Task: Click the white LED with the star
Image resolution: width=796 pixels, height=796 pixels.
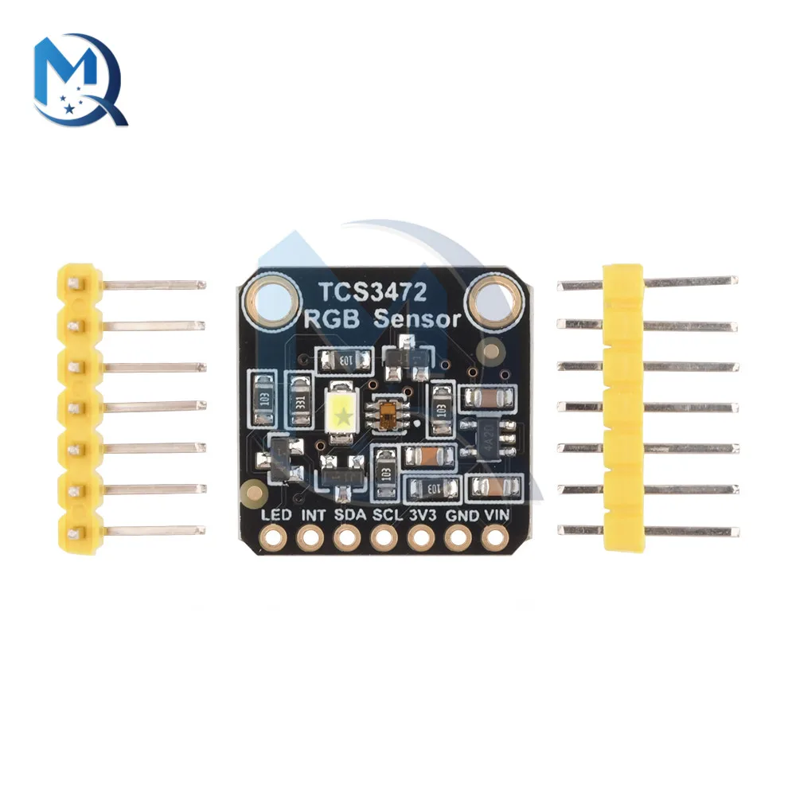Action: pos(341,414)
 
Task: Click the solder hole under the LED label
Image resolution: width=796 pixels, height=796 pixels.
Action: pos(276,540)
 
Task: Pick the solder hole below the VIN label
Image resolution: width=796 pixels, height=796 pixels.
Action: pos(495,540)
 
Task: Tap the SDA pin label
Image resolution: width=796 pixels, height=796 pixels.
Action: pos(349,516)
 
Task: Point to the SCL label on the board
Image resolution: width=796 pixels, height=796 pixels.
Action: pos(387,516)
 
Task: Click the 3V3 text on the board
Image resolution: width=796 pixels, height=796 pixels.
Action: pos(422,516)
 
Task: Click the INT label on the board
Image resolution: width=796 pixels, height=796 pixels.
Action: pos(313,516)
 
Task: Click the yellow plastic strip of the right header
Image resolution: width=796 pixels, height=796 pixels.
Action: pos(622,406)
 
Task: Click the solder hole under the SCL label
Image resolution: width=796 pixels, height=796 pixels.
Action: pos(385,540)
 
